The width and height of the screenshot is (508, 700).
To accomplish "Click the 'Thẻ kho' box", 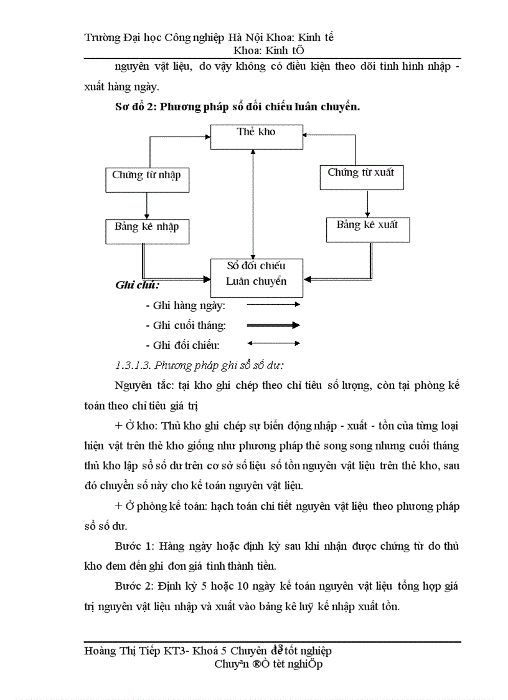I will [256, 137].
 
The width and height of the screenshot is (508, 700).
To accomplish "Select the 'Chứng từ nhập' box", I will [146, 180].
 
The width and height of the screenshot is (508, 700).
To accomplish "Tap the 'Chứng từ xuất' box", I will [361, 177].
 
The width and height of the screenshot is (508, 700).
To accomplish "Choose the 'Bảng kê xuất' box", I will [367, 229].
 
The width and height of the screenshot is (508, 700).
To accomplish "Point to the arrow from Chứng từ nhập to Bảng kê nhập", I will [146, 205].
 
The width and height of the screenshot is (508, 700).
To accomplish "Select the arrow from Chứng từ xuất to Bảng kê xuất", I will [367, 203].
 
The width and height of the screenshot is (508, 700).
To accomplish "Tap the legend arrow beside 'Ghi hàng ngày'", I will [273, 305].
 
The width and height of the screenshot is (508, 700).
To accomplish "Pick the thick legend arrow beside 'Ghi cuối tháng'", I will [273, 325].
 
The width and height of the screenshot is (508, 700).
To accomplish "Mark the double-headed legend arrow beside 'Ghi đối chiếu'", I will [273, 343].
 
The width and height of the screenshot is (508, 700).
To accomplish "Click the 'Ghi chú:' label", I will [137, 285].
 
